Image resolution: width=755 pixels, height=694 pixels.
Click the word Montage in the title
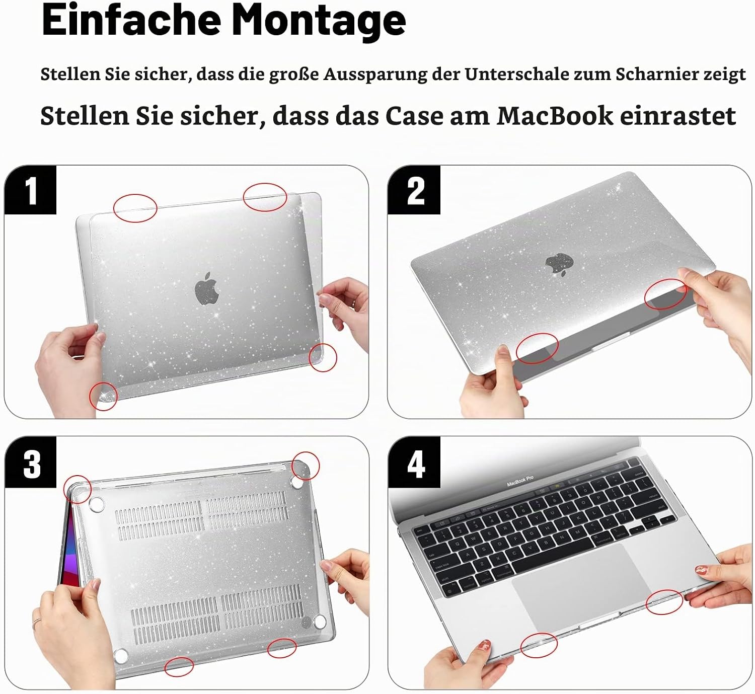coord(319,21)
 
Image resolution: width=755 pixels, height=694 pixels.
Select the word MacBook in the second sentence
coord(555,116)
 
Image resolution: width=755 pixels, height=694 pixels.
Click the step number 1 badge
coord(31,190)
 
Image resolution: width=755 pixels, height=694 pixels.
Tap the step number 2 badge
coord(414,190)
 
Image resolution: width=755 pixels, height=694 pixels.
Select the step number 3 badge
coord(31,464)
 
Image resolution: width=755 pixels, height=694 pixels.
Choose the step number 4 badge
coord(414,464)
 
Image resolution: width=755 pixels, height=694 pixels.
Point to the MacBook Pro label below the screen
coord(520,481)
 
